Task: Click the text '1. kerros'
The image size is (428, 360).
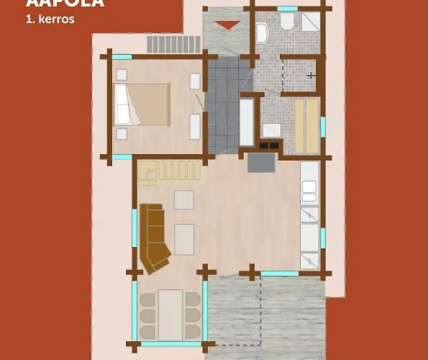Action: coord(50,19)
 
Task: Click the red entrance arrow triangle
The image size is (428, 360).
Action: coord(228,25)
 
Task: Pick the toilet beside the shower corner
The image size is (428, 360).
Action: coord(287,22)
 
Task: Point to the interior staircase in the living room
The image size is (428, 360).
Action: coord(173,171)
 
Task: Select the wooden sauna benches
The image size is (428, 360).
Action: coord(306,126)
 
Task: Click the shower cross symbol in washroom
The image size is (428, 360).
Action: coord(310,75)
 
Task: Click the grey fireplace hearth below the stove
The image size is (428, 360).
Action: coord(261,163)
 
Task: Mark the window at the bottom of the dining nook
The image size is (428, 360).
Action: coord(170,344)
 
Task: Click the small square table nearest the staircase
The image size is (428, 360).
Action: coord(183,199)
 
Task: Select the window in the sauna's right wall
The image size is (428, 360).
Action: coord(323,126)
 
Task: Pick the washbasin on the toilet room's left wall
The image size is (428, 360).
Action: coord(262,32)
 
